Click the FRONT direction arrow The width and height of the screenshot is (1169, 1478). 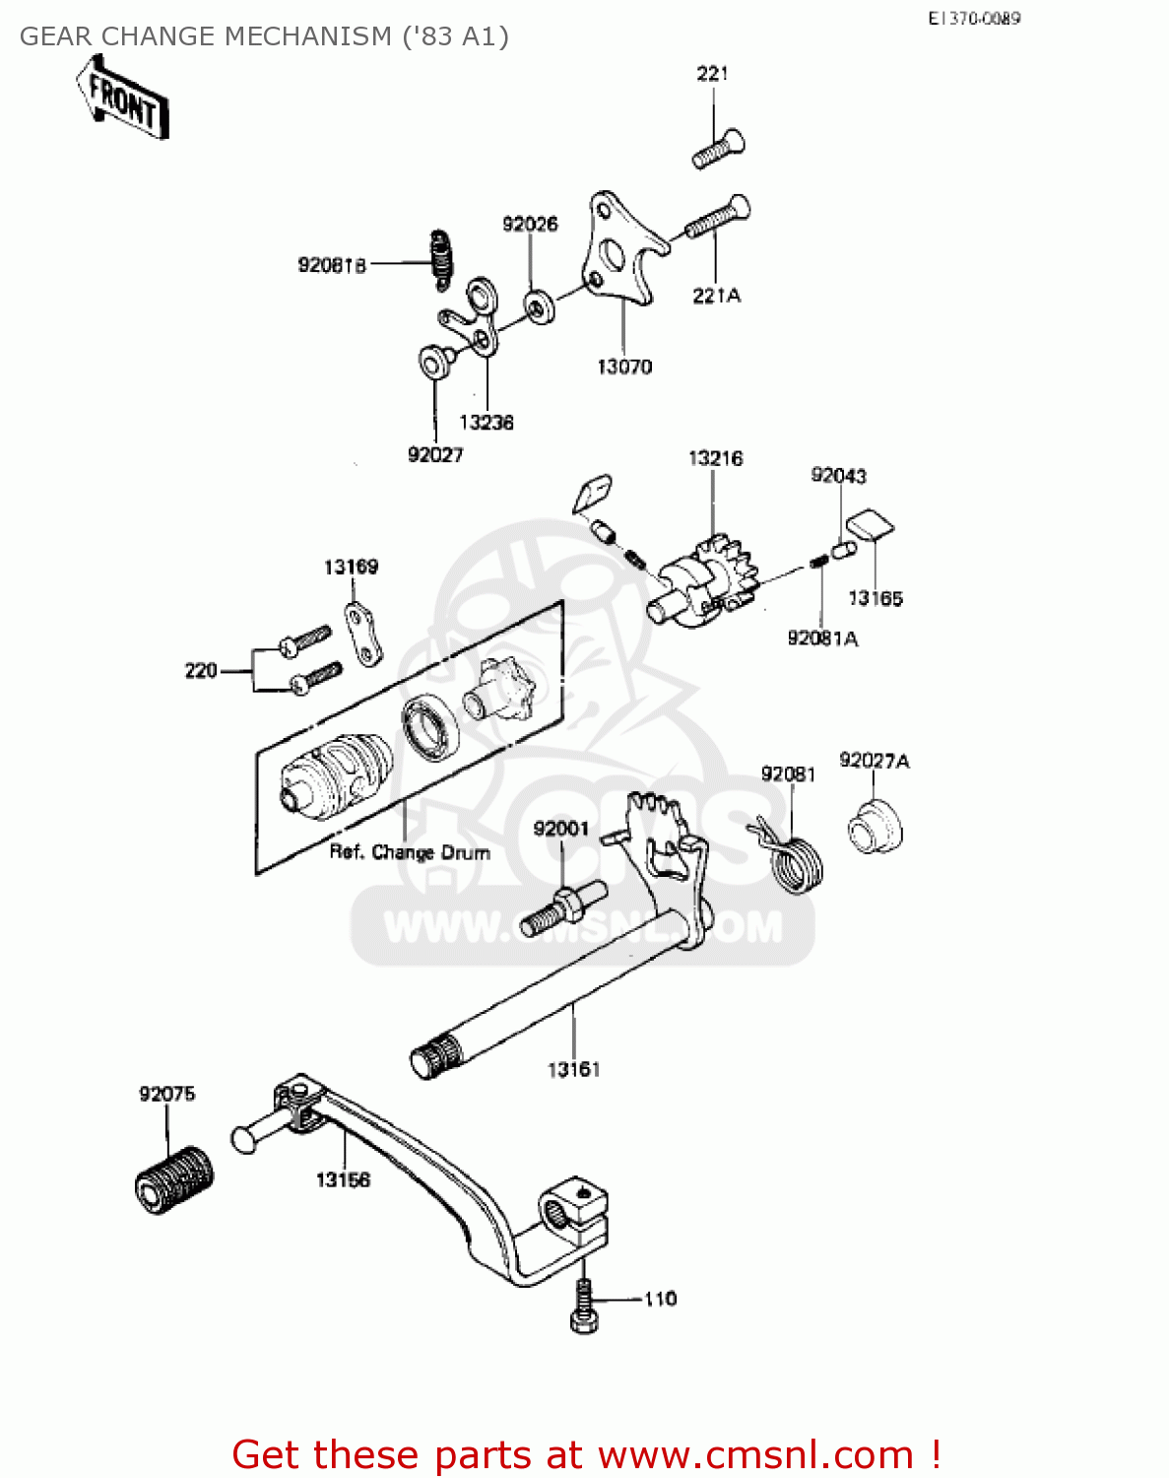pyautogui.click(x=123, y=98)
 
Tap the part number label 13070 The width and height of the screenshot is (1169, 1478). pyautogui.click(x=624, y=367)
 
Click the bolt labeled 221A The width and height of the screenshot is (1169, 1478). pyautogui.click(x=717, y=219)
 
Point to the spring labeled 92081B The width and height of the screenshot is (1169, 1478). pyautogui.click(x=442, y=260)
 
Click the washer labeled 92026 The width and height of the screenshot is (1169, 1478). pyautogui.click(x=538, y=305)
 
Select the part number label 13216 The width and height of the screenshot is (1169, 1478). pyautogui.click(x=715, y=458)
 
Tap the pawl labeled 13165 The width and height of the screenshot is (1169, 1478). pyautogui.click(x=871, y=525)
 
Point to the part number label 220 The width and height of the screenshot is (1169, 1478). pyautogui.click(x=201, y=671)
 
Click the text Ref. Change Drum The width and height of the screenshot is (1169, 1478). pyautogui.click(x=410, y=852)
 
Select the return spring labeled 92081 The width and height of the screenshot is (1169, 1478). pyautogui.click(x=795, y=857)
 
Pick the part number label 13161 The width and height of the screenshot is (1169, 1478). pyautogui.click(x=573, y=1069)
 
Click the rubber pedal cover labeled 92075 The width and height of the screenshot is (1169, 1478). pyautogui.click(x=174, y=1178)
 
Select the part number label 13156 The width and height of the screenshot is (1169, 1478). pyautogui.click(x=343, y=1179)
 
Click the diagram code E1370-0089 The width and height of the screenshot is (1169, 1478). pyautogui.click(x=973, y=18)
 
